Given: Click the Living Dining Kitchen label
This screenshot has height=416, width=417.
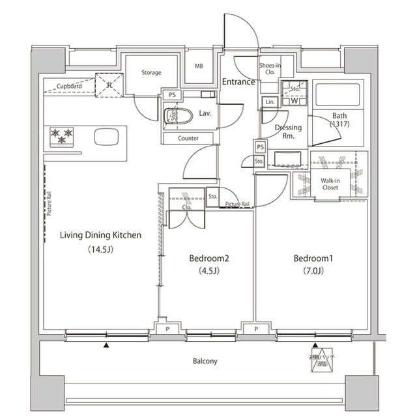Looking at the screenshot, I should (100, 235).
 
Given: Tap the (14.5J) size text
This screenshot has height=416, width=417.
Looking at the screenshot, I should (100, 250).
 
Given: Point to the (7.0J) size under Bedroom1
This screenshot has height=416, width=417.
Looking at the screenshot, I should (313, 272).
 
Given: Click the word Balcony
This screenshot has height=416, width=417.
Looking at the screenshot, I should (205, 361).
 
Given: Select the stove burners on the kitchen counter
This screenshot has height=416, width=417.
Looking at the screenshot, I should (61, 135).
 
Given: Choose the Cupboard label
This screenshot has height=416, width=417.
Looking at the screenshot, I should (69, 86).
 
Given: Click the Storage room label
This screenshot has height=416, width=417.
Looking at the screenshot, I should (151, 73).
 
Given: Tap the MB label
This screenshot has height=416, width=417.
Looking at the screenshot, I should (199, 66).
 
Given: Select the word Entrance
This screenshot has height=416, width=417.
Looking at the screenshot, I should (238, 82).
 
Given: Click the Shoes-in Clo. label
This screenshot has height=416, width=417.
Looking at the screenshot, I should (269, 68).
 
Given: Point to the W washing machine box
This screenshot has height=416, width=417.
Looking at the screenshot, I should (295, 101).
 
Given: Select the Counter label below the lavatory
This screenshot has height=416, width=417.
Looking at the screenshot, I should (188, 138).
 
